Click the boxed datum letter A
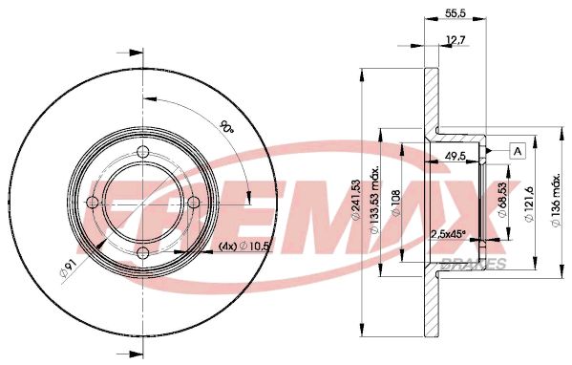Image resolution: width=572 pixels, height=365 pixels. tap(518, 150)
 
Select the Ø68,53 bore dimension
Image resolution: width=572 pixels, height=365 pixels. tap(503, 202)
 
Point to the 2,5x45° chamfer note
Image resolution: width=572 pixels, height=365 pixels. tap(448, 234)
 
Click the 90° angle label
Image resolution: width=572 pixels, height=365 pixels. tap(225, 128)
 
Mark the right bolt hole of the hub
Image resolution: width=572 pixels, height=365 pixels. tap(191, 203)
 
